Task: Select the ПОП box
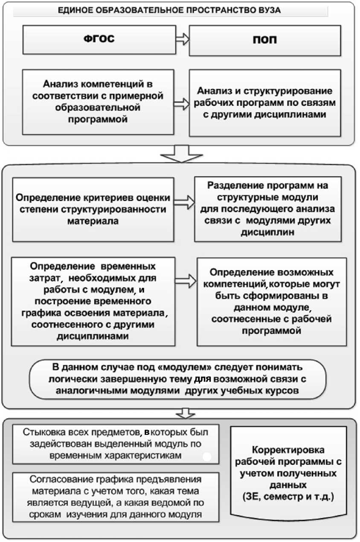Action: click(265, 40)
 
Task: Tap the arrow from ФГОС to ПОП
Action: click(182, 40)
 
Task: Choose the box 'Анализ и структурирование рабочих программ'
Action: click(265, 103)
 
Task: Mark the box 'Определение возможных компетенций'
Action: click(272, 302)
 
